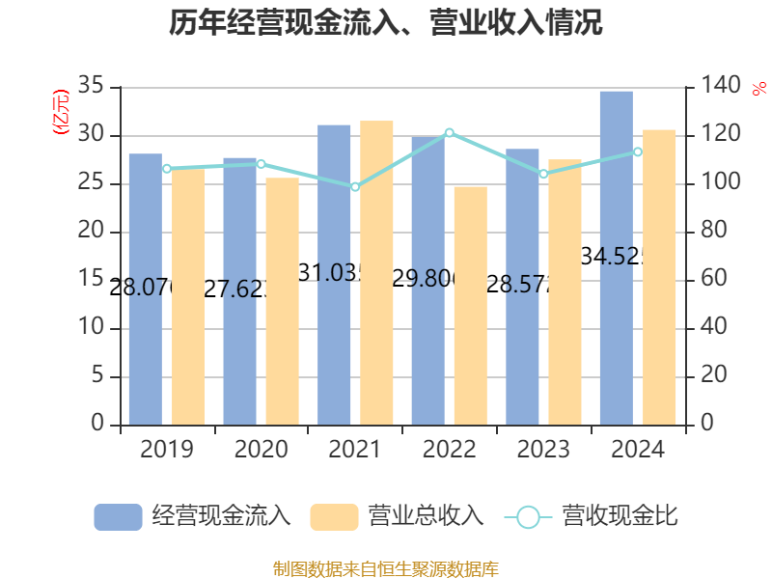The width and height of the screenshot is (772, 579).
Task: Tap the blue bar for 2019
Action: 145,289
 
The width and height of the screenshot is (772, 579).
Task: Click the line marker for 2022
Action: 450,132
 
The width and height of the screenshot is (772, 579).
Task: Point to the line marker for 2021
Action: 355,187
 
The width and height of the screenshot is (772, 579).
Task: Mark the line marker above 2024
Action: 638,152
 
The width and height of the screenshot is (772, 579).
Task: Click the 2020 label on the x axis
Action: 261,450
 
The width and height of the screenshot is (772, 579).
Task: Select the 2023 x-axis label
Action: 543,450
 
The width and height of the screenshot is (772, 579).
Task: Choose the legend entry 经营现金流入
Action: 193,516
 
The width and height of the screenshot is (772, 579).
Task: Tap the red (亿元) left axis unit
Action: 60,112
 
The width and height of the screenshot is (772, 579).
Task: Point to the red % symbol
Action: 758,89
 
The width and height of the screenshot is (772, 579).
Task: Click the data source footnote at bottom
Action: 386,568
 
